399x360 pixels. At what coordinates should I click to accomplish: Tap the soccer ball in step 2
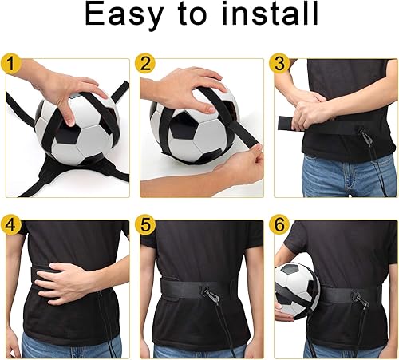pyautogui.click(x=196, y=136)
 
